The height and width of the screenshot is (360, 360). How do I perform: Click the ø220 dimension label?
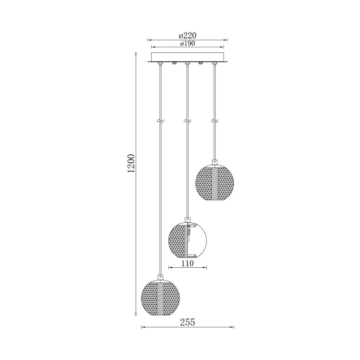tap(187, 36)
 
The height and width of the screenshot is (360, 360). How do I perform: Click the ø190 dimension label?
tap(187, 43)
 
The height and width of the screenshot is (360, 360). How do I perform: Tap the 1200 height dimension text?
tap(132, 163)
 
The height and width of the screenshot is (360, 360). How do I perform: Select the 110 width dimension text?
tap(188, 263)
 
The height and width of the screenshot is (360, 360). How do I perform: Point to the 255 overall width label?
tap(187, 322)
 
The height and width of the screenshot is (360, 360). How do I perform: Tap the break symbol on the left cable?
tap(160, 121)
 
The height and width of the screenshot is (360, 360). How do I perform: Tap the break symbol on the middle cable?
tap(188, 121)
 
